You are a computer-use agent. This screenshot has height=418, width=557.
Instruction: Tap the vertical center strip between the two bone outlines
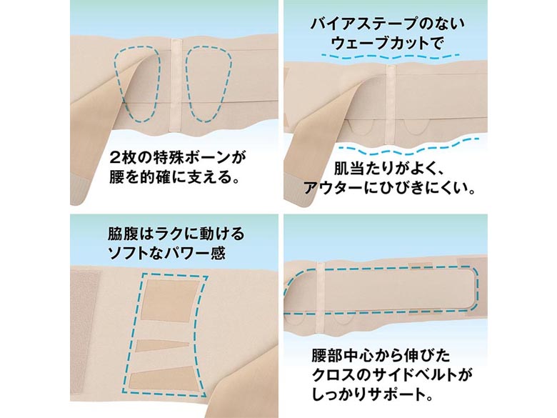176,85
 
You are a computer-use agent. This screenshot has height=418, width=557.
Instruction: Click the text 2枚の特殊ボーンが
178,156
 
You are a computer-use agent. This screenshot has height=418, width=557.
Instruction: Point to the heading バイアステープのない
387,24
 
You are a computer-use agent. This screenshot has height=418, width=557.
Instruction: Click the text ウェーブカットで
387,44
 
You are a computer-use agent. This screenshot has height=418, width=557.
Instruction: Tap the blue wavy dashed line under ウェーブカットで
390,56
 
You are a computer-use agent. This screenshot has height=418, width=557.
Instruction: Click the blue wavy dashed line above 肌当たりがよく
408,146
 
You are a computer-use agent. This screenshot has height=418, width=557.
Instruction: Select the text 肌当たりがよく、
388,169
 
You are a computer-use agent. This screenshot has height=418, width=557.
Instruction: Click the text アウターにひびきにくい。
389,188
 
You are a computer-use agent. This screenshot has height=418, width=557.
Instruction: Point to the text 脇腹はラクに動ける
176,234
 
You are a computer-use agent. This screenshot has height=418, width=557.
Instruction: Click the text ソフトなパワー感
167,254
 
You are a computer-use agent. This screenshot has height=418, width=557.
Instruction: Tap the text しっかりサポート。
373,394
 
